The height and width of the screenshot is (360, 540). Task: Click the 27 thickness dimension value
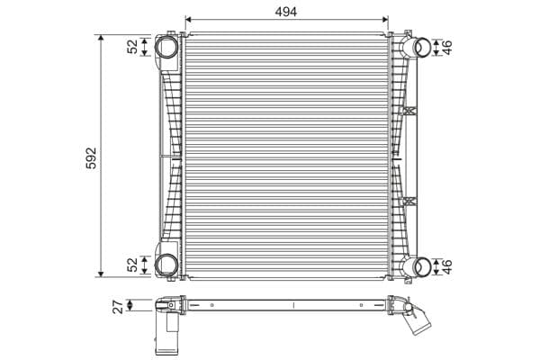118,306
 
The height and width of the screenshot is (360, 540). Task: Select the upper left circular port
166,47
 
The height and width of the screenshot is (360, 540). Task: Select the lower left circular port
166,264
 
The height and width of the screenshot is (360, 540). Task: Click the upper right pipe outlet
420,47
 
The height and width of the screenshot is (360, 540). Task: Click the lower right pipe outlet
420,265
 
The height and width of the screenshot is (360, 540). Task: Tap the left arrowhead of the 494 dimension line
188,19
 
